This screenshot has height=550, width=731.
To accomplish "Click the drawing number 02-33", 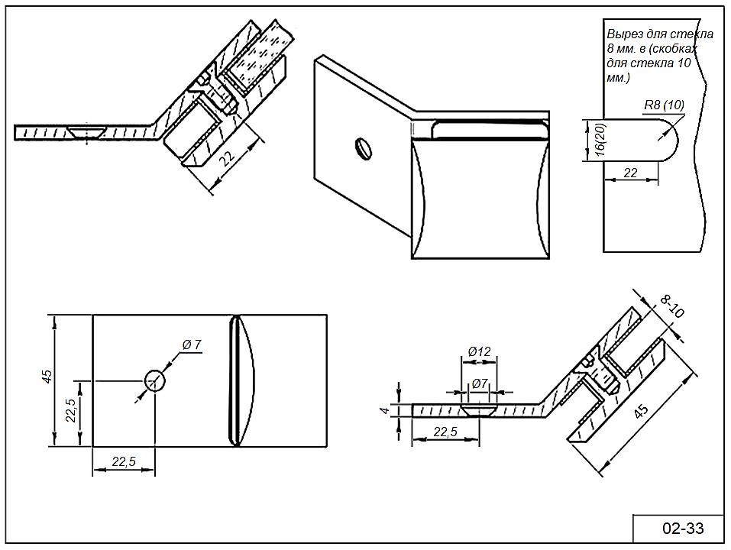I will (x=682, y=528).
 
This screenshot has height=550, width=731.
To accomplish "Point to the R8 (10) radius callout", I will (x=663, y=105).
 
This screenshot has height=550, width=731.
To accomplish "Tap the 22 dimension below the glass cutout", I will (x=630, y=173).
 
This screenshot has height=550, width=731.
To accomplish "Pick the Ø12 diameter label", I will (x=479, y=351).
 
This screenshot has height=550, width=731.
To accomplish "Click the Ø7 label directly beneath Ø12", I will (x=480, y=383).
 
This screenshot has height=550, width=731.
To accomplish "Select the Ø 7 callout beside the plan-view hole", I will (x=192, y=345).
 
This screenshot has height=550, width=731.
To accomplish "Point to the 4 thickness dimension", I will (x=386, y=410).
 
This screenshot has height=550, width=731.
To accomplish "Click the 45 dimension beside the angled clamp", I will (x=642, y=412).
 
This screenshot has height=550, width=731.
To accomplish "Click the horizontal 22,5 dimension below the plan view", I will (x=123, y=461).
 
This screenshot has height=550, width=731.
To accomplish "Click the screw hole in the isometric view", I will (x=364, y=148).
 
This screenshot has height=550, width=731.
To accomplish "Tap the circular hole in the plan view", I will (x=155, y=380).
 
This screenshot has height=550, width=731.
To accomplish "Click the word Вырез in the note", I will (x=623, y=34).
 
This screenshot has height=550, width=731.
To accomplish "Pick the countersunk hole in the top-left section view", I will (x=85, y=132).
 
